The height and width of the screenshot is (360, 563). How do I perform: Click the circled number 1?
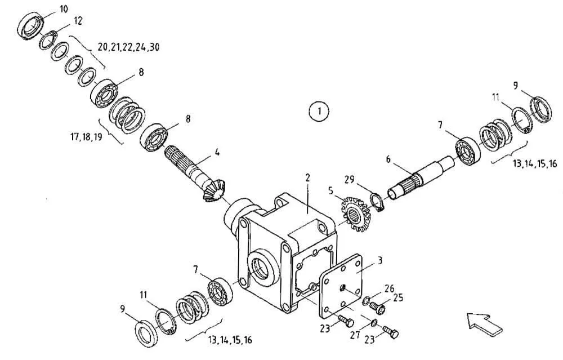pyautogui.click(x=319, y=110)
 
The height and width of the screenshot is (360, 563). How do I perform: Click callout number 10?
pyautogui.click(x=64, y=9)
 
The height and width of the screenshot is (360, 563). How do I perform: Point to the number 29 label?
pyautogui.click(x=350, y=179)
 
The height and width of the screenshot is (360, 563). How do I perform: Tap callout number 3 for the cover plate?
pyautogui.click(x=380, y=260)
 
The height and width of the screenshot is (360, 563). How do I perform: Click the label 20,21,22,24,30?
pyautogui.click(x=128, y=47)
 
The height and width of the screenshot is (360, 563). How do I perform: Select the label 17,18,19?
pyautogui.click(x=86, y=136)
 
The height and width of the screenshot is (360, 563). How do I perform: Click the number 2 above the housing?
pyautogui.click(x=307, y=177)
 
